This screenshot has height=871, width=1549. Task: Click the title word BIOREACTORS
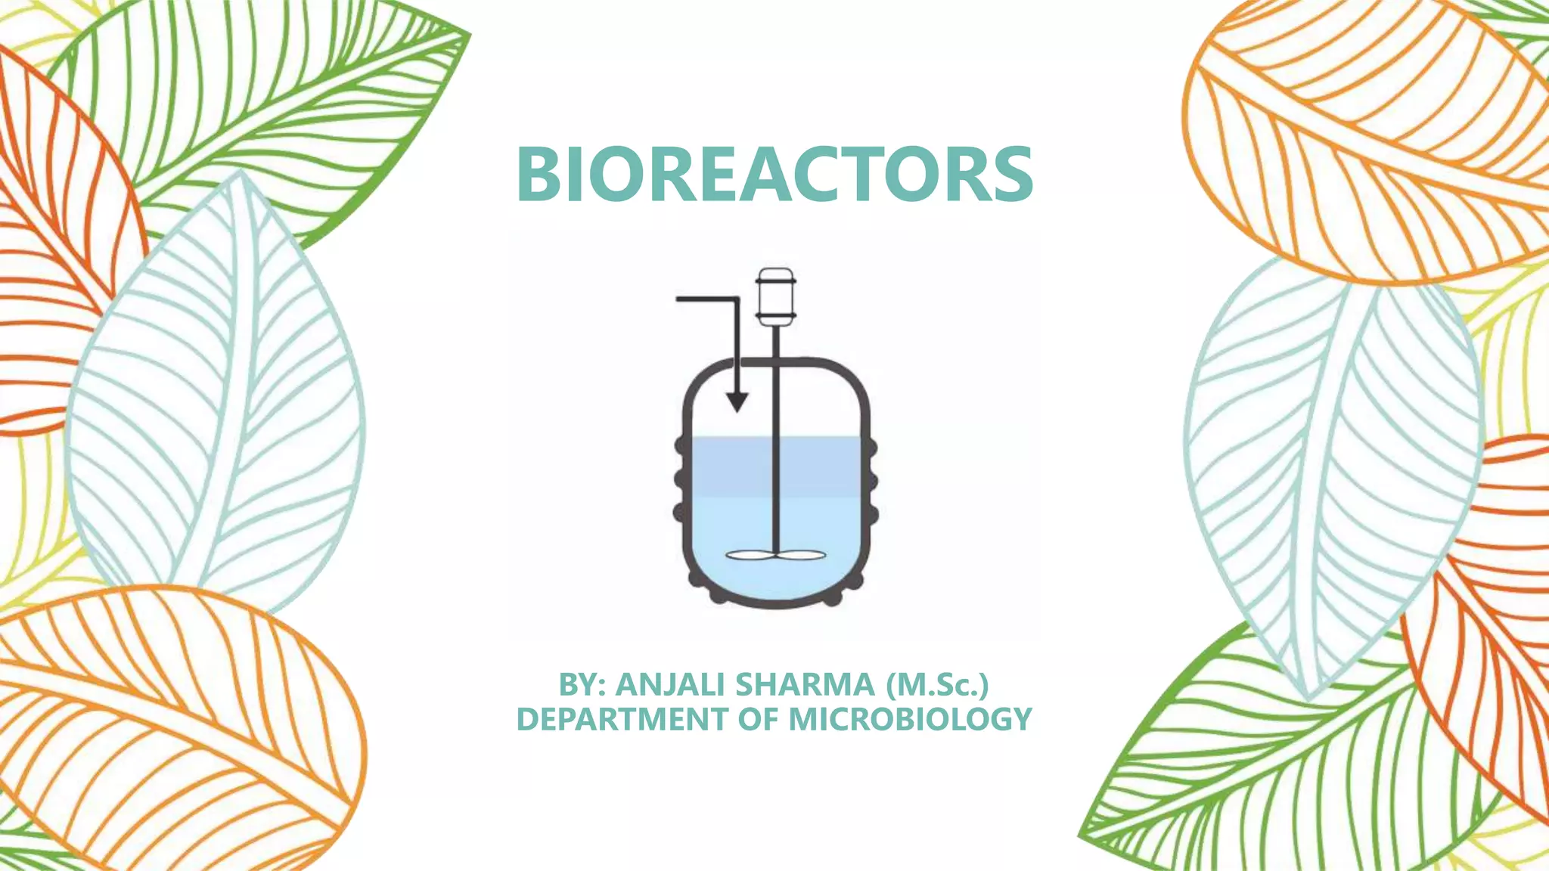tap(774, 174)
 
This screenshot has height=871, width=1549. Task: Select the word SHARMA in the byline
tap(805, 685)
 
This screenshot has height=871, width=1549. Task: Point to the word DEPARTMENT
tap(622, 719)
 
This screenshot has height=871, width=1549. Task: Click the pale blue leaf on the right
tap(1331, 469)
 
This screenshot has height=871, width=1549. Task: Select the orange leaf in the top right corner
tap(1361, 136)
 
